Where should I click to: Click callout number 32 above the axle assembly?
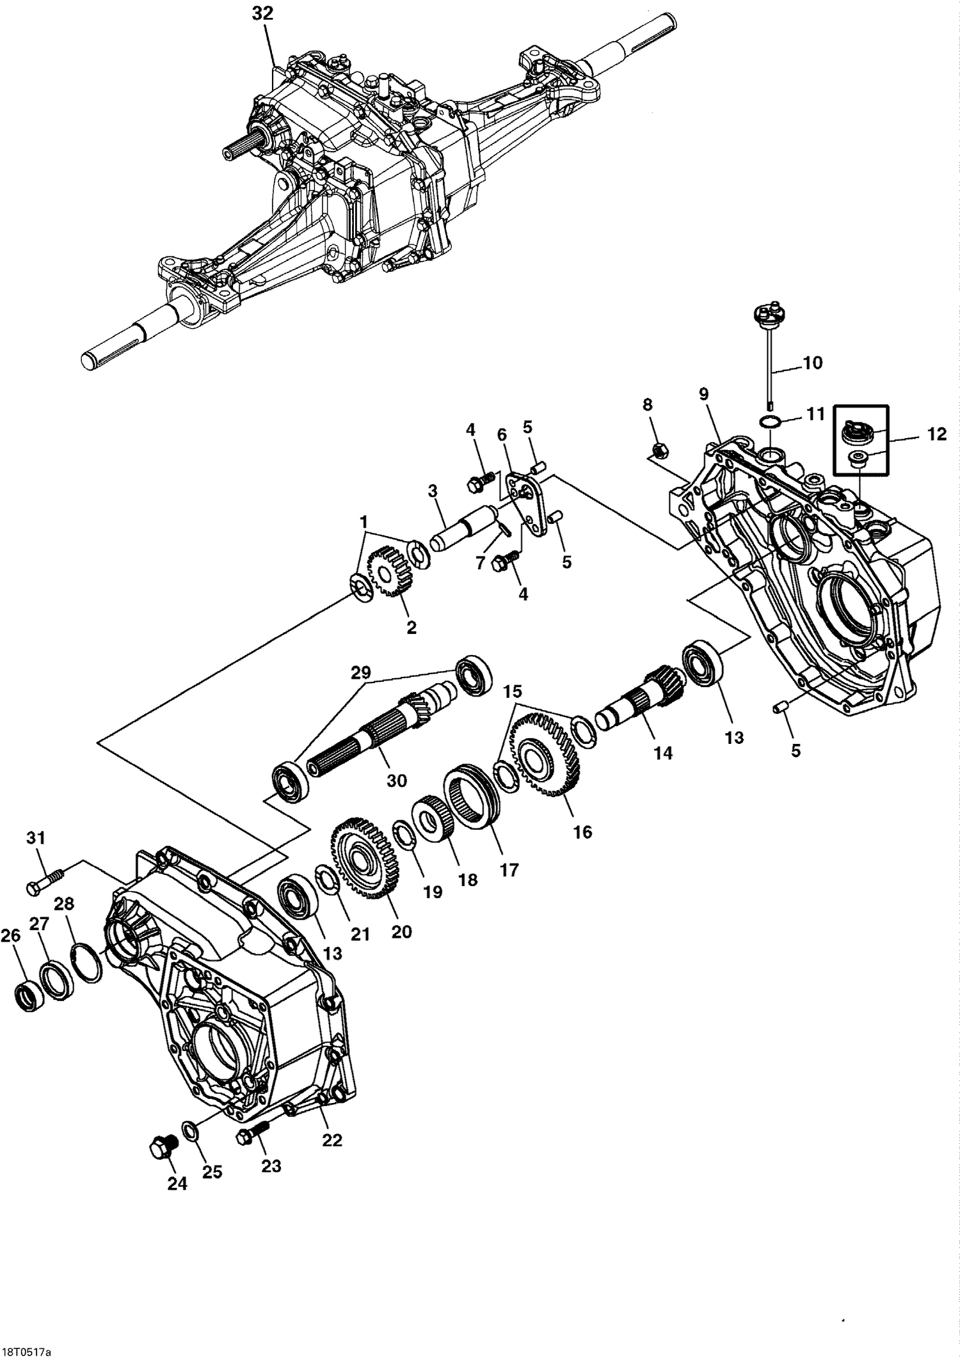coord(262,13)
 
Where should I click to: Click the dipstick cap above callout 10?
coord(768,313)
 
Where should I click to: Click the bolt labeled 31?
coord(42,885)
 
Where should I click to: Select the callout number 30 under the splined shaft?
coord(397,780)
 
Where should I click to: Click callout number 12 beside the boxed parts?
coord(936,434)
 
